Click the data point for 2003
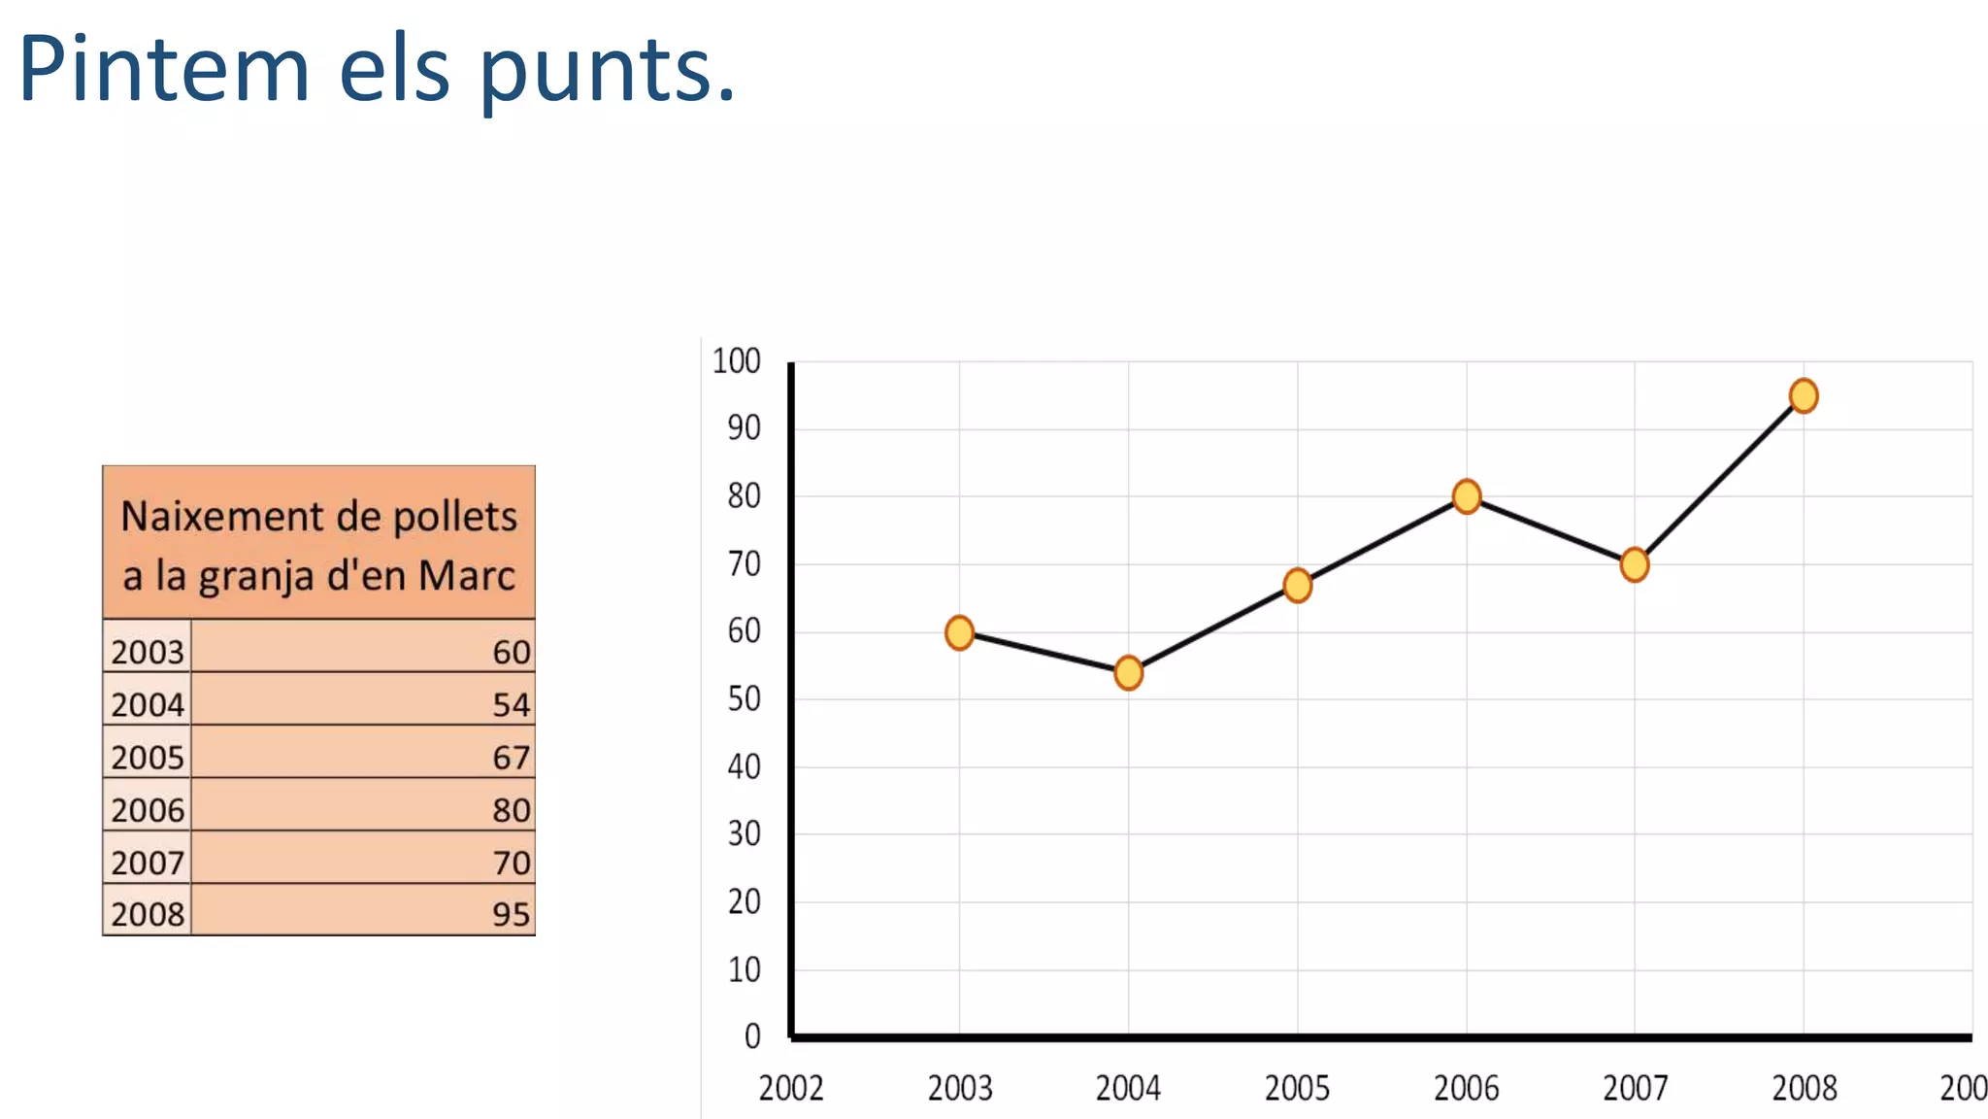959,632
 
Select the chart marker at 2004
1128,672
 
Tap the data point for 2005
1297,585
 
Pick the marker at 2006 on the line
1466,496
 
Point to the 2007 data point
1635,564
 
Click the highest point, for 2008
1804,395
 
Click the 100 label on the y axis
737,361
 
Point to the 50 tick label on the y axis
745,699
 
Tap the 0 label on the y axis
752,1036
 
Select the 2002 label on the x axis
791,1089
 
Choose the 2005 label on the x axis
1297,1089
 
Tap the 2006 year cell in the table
148,810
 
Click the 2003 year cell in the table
148,652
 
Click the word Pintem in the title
164,70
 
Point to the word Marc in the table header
467,576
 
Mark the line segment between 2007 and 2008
1719,480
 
